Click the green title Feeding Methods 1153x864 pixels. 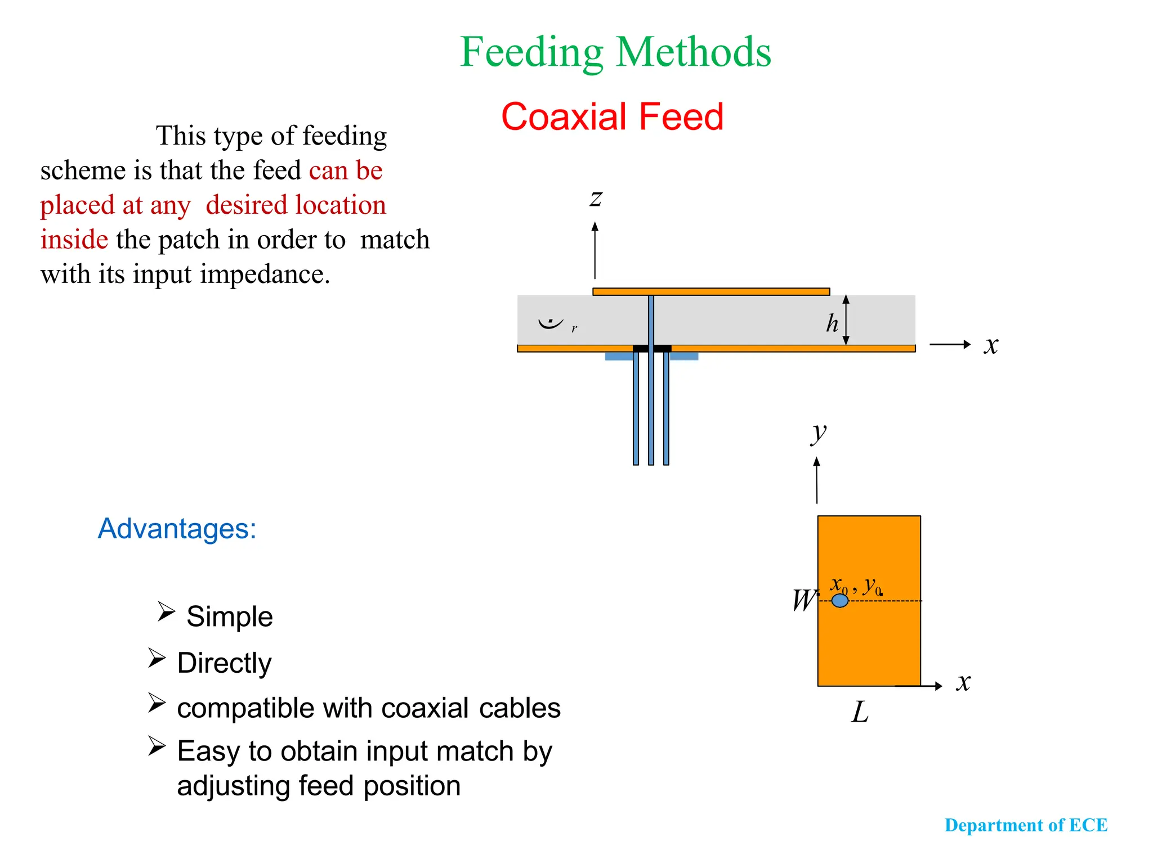tap(615, 52)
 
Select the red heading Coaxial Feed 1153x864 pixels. tap(612, 117)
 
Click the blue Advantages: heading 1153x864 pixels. tap(177, 529)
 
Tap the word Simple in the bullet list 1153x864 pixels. tap(230, 616)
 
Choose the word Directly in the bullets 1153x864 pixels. tap(224, 663)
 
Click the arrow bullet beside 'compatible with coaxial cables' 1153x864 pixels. tap(157, 703)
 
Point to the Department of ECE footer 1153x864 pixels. tap(1026, 825)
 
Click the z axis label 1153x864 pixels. tap(596, 198)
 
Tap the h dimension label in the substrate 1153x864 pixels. tap(832, 323)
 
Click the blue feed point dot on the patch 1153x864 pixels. tap(840, 601)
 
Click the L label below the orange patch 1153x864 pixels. tap(860, 712)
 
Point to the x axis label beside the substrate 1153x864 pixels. tap(991, 345)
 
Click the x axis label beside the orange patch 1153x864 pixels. tap(964, 682)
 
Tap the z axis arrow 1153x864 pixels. tap(595, 250)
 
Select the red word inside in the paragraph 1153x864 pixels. tap(74, 240)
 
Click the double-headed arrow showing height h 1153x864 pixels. tap(846, 319)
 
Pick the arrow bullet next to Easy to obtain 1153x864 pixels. tap(157, 746)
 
